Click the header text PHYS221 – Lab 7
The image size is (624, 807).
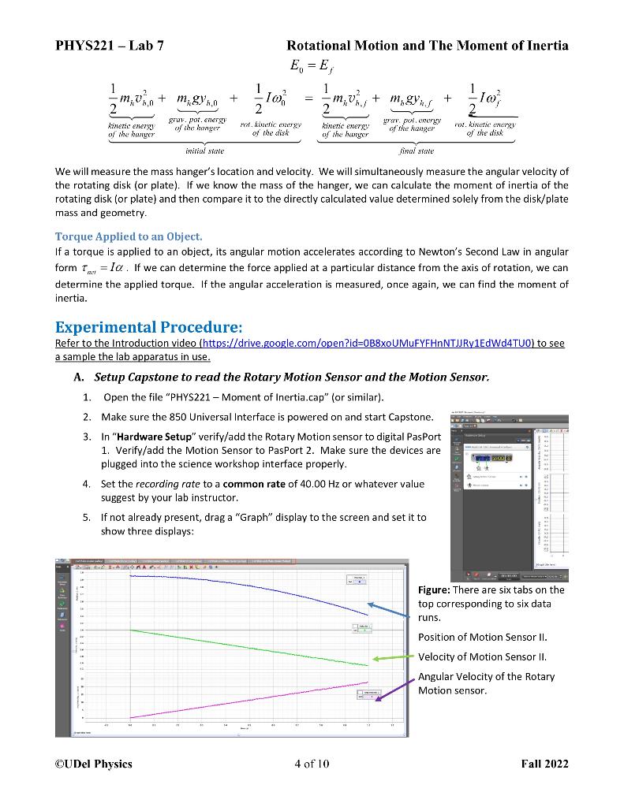[x=109, y=46]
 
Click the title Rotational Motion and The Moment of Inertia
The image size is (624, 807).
[x=427, y=46]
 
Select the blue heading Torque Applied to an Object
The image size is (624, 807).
[x=129, y=236]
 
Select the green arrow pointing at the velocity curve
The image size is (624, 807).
[x=392, y=657]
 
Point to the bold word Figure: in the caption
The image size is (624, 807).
[x=434, y=589]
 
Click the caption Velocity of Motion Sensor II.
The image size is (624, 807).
[x=482, y=656]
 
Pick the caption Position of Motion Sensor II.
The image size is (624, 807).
[x=482, y=637]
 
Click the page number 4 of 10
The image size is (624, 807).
[x=311, y=763]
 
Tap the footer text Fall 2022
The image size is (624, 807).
[x=544, y=763]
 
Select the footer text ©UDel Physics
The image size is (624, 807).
[x=94, y=763]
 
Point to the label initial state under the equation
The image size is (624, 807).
[x=204, y=150]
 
